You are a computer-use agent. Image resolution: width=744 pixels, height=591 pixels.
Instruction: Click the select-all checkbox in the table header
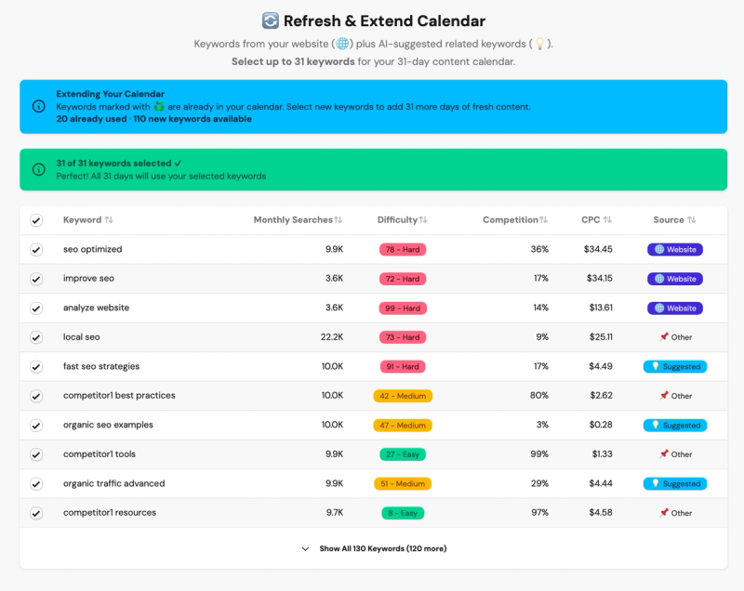tap(36, 220)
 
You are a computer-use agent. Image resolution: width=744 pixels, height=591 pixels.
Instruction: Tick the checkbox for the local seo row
tap(36, 337)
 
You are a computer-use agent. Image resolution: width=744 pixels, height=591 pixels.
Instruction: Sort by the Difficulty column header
tap(403, 220)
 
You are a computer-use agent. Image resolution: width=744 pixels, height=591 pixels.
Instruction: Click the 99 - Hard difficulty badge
tap(403, 308)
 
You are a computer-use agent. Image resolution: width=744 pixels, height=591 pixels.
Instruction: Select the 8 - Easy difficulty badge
tap(403, 513)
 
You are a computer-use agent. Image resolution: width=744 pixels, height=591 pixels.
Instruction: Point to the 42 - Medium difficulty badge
tap(403, 396)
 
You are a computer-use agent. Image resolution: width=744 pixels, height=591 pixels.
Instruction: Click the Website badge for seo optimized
tap(675, 249)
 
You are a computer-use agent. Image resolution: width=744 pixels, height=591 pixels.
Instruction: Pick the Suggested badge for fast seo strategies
tap(675, 366)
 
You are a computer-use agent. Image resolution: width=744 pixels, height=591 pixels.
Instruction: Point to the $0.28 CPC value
tap(603, 425)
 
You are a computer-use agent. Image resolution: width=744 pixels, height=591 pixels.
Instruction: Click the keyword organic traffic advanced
tap(113, 483)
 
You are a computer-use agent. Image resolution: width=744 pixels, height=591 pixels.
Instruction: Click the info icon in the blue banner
tap(38, 107)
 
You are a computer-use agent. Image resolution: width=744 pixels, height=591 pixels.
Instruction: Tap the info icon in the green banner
tap(38, 169)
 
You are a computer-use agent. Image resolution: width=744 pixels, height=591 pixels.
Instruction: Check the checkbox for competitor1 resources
tap(36, 513)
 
